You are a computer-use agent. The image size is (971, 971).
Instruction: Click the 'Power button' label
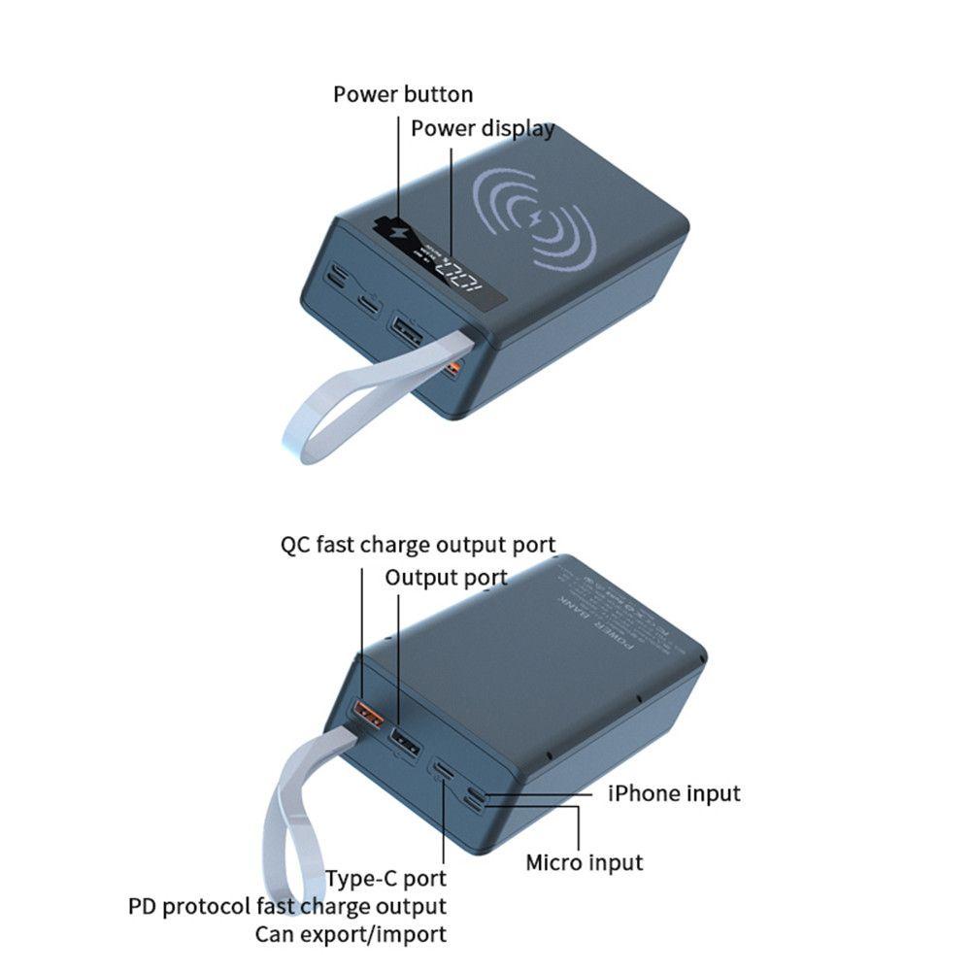pos(403,94)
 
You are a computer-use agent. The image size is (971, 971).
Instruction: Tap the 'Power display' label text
pos(482,128)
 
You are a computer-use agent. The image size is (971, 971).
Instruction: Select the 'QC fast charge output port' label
pos(418,545)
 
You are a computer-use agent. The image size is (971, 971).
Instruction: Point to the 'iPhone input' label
pos(674,793)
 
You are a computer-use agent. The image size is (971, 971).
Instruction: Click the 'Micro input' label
pos(584,861)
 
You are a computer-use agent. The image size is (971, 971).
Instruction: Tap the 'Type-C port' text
pos(385,879)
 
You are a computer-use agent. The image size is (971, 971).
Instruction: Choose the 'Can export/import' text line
pos(351,935)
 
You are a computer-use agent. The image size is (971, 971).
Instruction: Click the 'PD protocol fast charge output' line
pos(287,907)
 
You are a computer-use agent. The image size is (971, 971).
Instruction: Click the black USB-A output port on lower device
pos(405,744)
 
